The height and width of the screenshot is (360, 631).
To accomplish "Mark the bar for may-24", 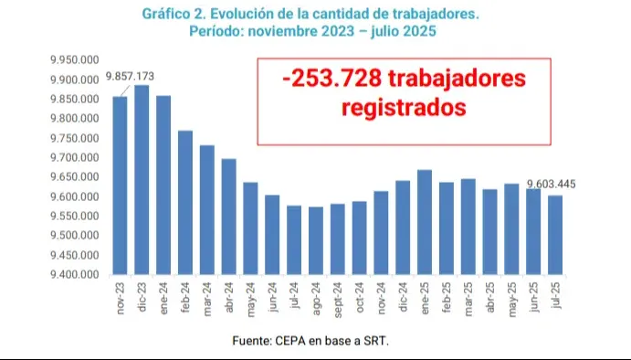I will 250,228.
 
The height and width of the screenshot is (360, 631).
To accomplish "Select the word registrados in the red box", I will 404,108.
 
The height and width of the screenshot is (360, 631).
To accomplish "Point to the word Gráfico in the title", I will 171,15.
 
